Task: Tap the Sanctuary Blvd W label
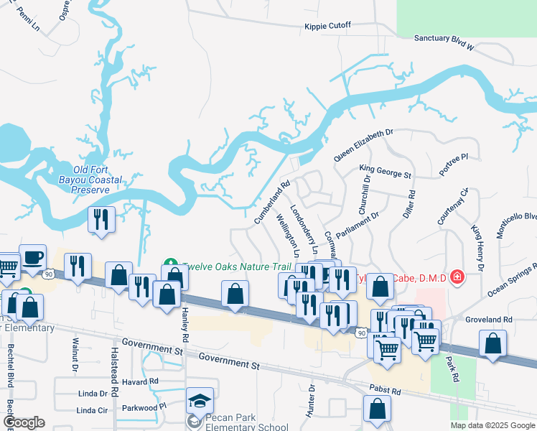445,41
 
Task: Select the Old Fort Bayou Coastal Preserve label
94,180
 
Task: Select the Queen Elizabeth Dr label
364,144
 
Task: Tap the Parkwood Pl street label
143,406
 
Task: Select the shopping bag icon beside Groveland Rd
492,343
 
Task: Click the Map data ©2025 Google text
492,425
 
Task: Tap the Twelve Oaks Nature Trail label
229,265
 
